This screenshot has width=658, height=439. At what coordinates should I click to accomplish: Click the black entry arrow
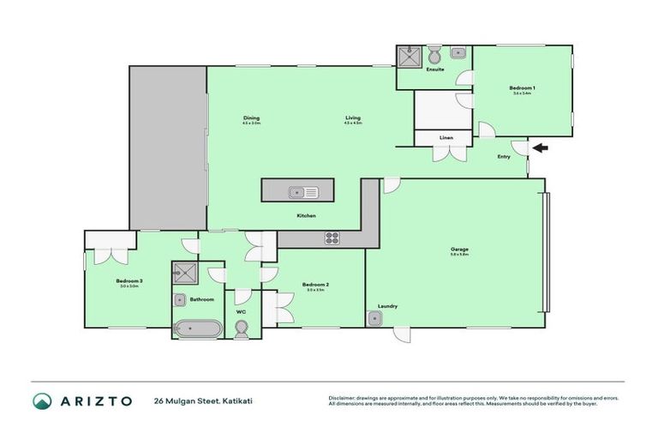[x=540, y=148]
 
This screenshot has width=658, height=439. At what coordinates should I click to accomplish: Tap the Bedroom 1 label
[x=522, y=87]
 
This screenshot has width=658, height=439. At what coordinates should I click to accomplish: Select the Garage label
[x=459, y=250]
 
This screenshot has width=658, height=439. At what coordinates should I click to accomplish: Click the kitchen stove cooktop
[x=332, y=238]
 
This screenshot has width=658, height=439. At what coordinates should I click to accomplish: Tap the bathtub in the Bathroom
[x=197, y=328]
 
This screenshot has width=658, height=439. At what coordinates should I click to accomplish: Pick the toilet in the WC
[x=242, y=328]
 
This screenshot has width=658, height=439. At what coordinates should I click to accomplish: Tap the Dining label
[x=251, y=118]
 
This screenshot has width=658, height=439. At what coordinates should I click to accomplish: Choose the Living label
[x=353, y=118]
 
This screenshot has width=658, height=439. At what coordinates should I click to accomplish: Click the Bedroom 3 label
[x=129, y=280]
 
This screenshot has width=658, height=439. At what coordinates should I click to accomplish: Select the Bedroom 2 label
[x=315, y=285]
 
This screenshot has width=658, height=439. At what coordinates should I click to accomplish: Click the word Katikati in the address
[x=235, y=400]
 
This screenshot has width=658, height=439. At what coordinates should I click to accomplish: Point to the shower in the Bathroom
[x=183, y=274]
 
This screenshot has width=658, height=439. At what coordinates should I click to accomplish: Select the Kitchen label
[x=307, y=215]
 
